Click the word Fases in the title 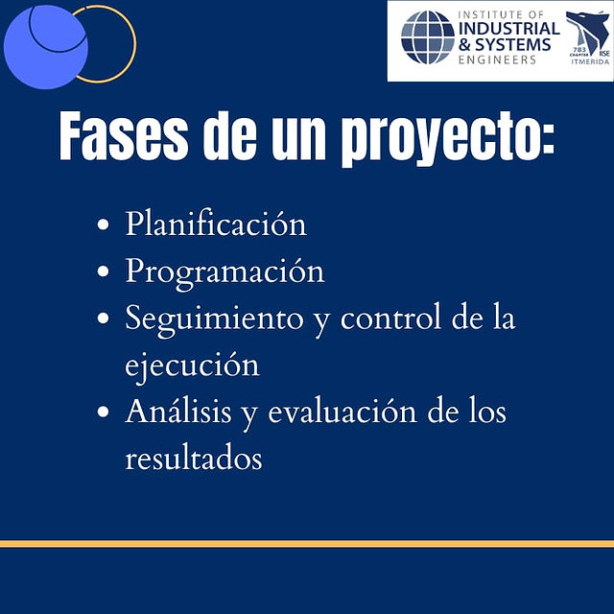click(124, 136)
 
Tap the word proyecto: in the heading click(448, 139)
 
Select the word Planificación click(216, 224)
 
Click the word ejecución click(192, 366)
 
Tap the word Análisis click(178, 411)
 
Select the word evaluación click(342, 412)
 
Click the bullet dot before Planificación click(103, 224)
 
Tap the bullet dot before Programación click(103, 272)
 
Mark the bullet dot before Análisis click(103, 412)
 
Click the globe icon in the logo click(427, 37)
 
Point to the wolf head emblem click(587, 33)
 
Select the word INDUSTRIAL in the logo click(509, 29)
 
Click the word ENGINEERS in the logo click(497, 59)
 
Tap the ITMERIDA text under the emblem click(590, 61)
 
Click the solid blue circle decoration click(46, 47)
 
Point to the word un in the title click(298, 140)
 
